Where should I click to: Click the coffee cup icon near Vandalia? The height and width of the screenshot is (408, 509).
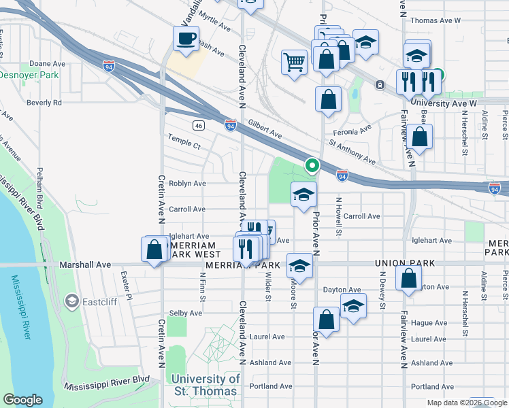pos(186,38)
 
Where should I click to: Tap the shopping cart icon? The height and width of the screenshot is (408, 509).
pos(294,62)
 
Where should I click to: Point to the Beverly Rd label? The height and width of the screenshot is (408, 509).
pos(44,103)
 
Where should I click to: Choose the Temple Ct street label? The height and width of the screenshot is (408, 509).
pos(184,146)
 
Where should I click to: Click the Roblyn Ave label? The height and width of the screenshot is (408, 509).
pos(187,184)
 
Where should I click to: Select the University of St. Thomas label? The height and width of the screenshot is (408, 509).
pos(206,385)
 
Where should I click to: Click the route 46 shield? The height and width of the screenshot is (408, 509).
pos(198,126)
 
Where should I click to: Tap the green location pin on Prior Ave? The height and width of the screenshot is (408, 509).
pos(312,165)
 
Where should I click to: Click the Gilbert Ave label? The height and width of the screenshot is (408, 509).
pos(265,130)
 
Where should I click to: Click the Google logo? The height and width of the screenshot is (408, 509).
pos(23,400)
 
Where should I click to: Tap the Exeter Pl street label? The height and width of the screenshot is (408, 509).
pos(125,279)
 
